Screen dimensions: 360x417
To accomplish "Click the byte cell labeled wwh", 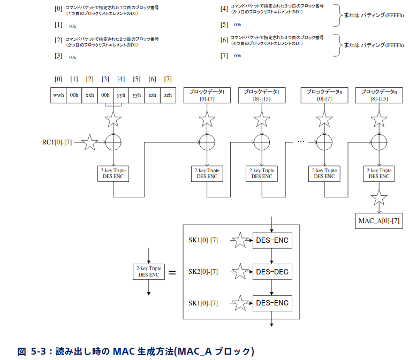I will pyautogui.click(x=58, y=95).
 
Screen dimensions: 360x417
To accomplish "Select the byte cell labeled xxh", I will pyautogui.click(x=89, y=95).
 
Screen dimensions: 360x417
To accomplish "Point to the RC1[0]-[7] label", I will pyautogui.click(x=56, y=142).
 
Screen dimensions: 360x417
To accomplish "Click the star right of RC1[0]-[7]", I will pyautogui.click(x=89, y=142).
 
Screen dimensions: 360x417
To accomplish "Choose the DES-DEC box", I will pyautogui.click(x=272, y=272).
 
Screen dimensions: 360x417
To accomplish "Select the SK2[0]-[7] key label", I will pyautogui.click(x=203, y=272).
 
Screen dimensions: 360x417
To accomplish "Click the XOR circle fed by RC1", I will pyautogui.click(x=113, y=142).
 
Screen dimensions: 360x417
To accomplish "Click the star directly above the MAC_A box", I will pyautogui.click(x=379, y=198).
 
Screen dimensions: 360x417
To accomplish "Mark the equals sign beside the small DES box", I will pyautogui.click(x=172, y=272).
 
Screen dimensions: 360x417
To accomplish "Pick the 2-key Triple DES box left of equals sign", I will pyautogui.click(x=148, y=271).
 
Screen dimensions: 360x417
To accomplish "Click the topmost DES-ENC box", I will pyautogui.click(x=272, y=241).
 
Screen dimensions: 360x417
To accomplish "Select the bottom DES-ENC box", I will pyautogui.click(x=272, y=303).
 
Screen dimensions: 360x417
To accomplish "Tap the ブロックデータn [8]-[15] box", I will pyautogui.click(x=379, y=95).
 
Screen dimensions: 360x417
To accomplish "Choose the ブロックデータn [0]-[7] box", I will pyautogui.click(x=324, y=95).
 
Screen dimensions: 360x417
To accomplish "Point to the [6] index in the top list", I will pyautogui.click(x=224, y=40).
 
